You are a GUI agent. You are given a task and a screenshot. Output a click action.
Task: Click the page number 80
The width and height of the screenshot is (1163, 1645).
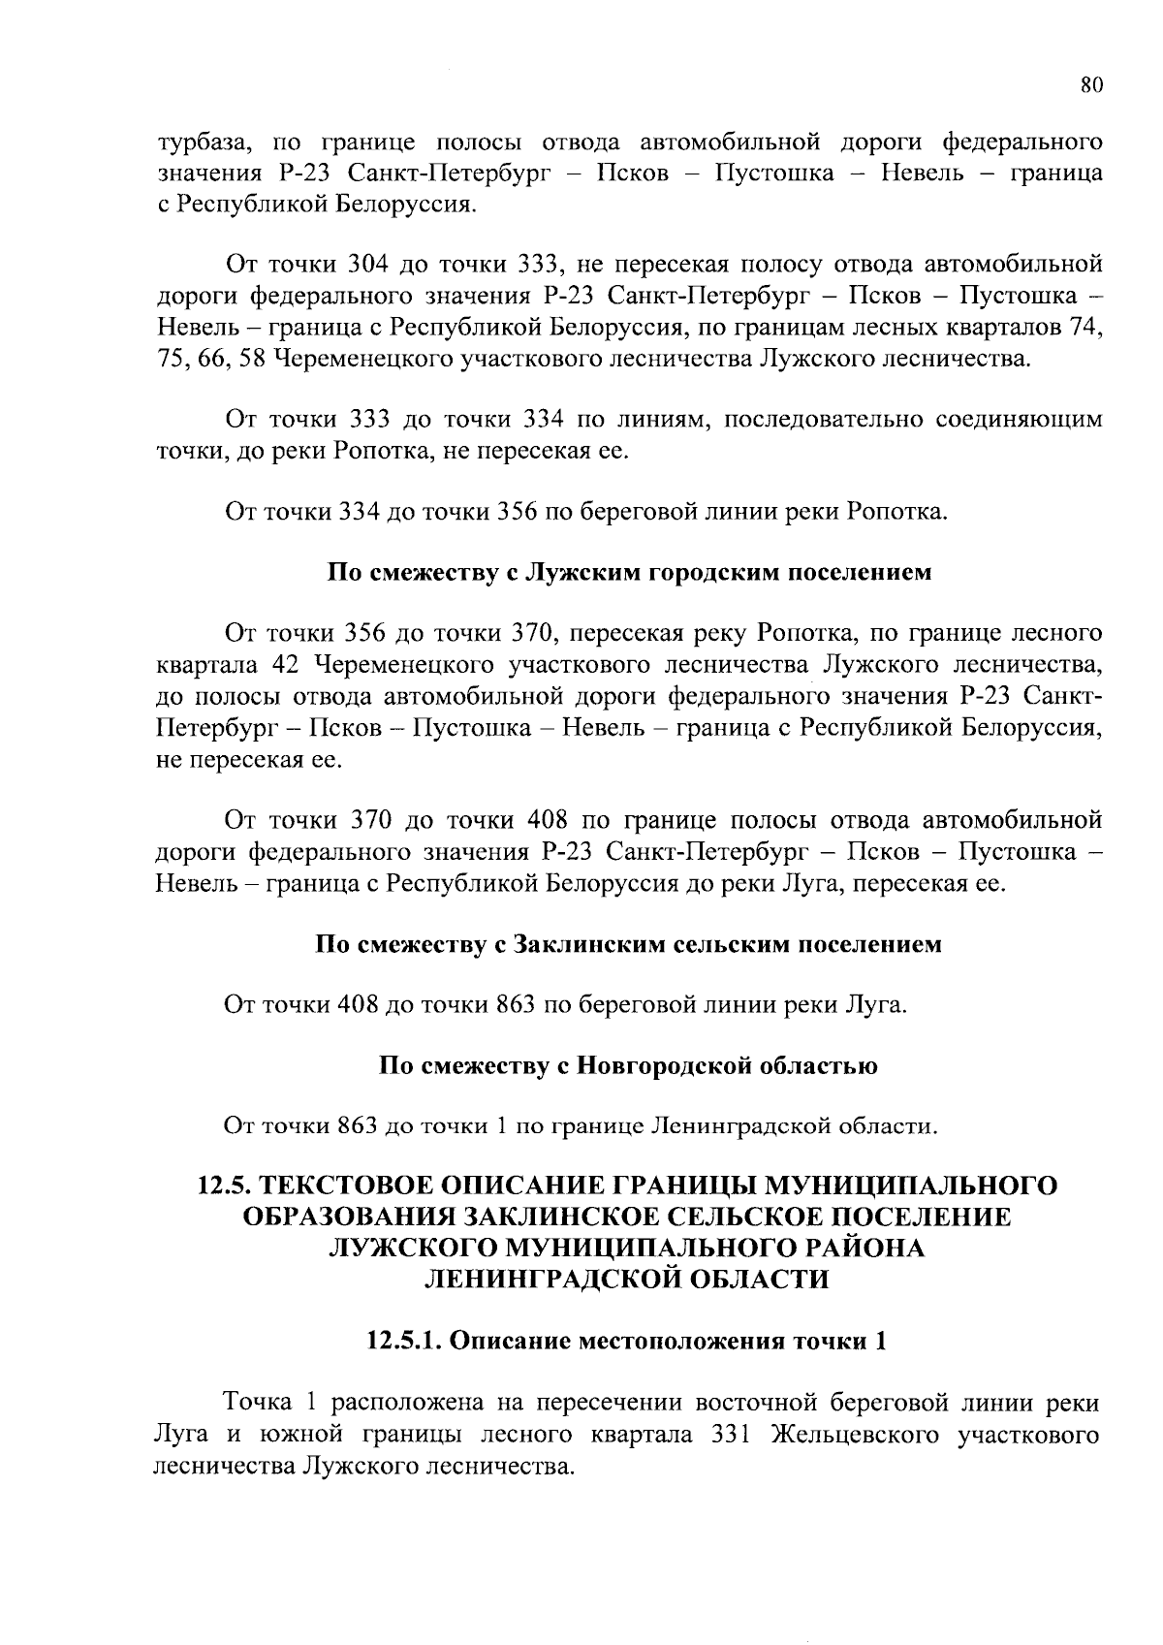point(1091,84)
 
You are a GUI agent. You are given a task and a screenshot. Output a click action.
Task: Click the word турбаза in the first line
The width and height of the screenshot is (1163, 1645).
point(203,143)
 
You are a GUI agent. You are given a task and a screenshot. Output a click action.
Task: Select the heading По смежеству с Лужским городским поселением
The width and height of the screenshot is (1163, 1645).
point(629,572)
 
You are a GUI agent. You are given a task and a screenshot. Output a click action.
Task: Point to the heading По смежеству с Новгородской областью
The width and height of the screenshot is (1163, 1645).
point(629,1066)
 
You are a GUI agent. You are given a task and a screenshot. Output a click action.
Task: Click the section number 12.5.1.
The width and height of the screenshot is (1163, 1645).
point(404,1342)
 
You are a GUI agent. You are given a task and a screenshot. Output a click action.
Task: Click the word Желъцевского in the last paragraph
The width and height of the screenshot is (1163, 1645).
point(856,1435)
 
